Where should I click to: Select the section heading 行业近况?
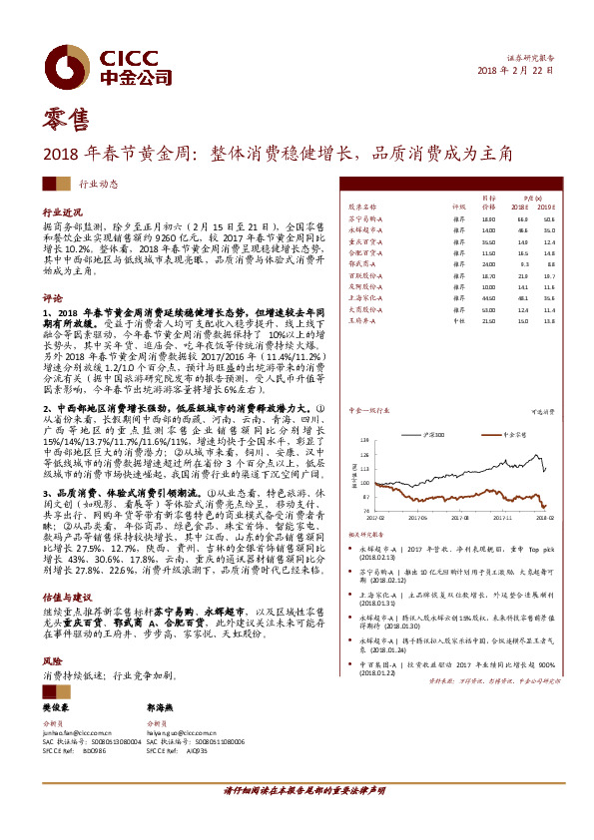[x=60, y=213]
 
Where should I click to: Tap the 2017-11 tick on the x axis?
[x=497, y=517]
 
